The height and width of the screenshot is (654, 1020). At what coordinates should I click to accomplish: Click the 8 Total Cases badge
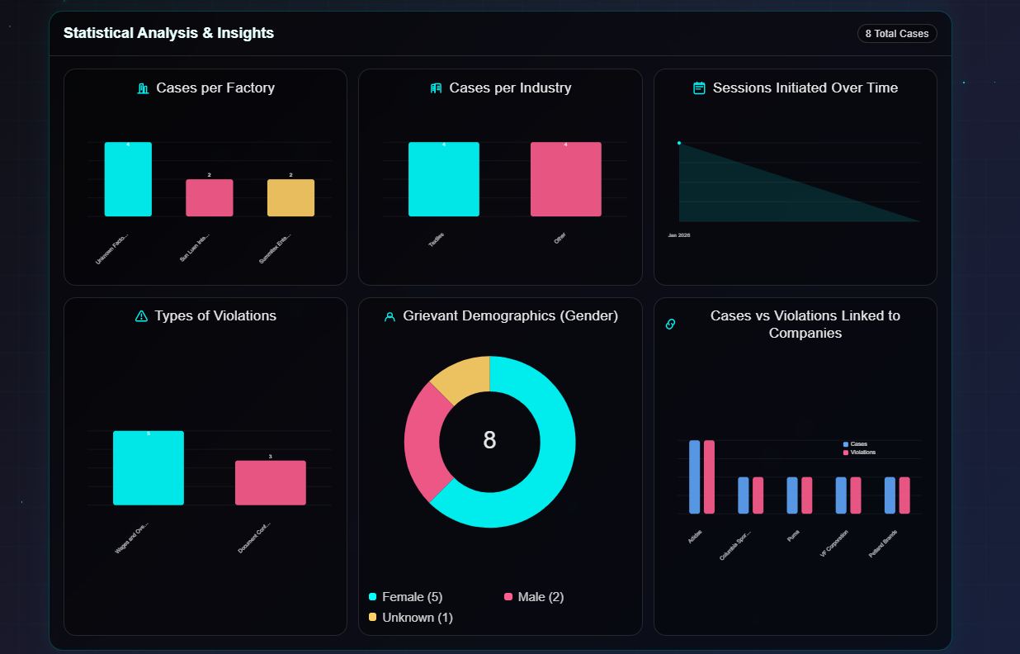(897, 34)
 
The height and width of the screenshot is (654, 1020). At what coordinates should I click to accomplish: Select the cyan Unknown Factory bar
(128, 179)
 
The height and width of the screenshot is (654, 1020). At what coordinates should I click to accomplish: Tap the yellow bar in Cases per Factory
(290, 198)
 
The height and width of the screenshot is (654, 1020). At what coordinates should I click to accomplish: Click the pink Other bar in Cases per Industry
(565, 179)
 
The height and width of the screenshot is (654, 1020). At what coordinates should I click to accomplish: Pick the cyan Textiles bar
(443, 179)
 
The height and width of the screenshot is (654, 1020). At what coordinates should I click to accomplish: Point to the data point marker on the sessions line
(679, 143)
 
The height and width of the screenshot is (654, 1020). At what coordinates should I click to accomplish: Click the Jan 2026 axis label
(679, 235)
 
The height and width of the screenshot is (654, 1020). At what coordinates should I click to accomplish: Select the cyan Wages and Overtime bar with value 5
(149, 468)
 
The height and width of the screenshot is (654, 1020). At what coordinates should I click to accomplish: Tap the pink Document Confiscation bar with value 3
(270, 483)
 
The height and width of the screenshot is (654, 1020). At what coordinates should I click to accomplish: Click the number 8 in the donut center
(489, 440)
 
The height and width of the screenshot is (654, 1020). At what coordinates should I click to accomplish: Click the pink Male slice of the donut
(426, 442)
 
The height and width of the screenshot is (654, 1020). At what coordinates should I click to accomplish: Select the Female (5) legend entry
(405, 597)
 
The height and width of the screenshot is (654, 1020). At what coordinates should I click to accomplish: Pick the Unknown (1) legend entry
(410, 618)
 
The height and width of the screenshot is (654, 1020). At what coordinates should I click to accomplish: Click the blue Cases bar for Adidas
(694, 477)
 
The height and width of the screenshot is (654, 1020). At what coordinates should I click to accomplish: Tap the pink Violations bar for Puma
(807, 495)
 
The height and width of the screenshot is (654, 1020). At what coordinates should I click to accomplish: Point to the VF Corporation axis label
(835, 544)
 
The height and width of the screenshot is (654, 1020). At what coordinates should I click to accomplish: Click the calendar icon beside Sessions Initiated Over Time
(699, 88)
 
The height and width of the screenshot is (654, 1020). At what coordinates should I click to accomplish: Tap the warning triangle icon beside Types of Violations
(141, 315)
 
